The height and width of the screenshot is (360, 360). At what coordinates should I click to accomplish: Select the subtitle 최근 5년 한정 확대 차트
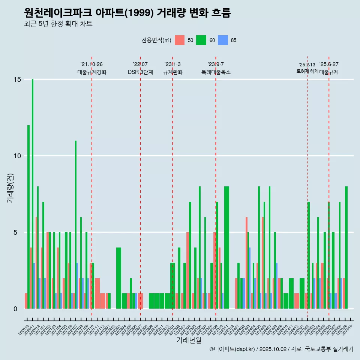(x=58, y=24)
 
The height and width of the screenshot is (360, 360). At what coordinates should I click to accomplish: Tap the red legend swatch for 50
(x=180, y=40)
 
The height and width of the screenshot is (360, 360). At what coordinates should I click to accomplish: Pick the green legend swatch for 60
(x=201, y=40)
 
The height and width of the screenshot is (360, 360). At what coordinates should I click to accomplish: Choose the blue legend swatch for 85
(x=223, y=40)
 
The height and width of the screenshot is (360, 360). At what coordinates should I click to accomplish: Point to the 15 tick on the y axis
(x=16, y=79)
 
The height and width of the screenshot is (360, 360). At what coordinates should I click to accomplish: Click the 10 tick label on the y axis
(x=16, y=156)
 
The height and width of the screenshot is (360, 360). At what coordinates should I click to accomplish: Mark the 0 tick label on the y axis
(x=15, y=309)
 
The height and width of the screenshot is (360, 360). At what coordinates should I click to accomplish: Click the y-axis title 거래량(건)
(x=10, y=188)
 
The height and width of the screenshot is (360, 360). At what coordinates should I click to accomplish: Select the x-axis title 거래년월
(x=189, y=340)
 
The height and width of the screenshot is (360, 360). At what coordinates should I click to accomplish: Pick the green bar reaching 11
(x=76, y=225)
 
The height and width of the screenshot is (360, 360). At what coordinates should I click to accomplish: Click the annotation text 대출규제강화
(x=92, y=72)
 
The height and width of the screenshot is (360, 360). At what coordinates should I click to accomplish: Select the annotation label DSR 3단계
(x=140, y=72)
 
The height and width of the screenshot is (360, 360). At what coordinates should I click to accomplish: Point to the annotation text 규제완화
(x=172, y=72)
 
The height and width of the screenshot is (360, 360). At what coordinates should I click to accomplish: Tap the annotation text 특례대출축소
(x=216, y=72)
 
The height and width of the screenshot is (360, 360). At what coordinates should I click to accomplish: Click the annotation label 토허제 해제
(x=307, y=71)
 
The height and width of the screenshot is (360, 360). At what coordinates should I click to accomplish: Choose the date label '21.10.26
(x=91, y=64)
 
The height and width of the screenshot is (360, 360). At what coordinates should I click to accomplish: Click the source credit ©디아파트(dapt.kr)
(x=232, y=349)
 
